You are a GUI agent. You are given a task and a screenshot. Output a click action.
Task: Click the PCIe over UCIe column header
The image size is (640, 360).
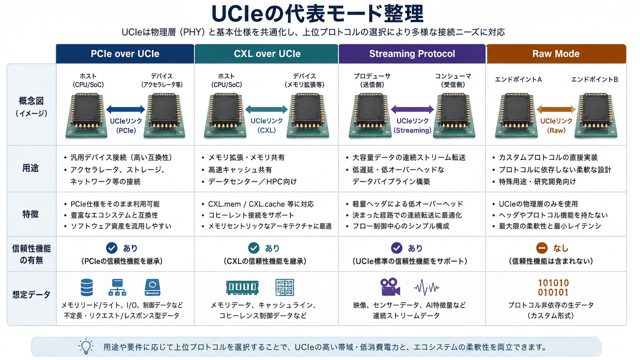(x=125, y=54)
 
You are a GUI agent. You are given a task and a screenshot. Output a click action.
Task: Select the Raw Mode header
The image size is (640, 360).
(x=556, y=54)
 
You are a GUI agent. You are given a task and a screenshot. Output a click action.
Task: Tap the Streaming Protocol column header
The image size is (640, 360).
(x=412, y=54)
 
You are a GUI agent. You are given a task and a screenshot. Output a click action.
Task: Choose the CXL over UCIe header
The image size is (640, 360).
(x=267, y=54)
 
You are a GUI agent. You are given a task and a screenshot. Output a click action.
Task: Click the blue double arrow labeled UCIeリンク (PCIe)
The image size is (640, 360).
(x=126, y=109)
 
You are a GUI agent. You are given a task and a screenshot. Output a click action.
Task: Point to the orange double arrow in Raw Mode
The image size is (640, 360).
(x=556, y=109)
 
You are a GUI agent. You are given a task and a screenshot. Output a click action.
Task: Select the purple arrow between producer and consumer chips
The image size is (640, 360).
(x=412, y=109)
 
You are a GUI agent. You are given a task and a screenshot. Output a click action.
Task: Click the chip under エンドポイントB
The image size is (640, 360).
(x=596, y=115)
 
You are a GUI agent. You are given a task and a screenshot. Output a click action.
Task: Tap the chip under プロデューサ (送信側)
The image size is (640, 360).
(x=370, y=115)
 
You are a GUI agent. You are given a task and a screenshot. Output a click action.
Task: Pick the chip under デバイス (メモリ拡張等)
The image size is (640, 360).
(x=308, y=115)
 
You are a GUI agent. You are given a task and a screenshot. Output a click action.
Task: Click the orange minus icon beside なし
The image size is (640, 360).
(x=542, y=248)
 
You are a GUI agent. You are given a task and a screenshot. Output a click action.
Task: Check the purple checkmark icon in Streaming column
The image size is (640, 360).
(x=397, y=248)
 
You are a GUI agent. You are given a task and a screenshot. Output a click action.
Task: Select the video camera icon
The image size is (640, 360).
(x=390, y=287)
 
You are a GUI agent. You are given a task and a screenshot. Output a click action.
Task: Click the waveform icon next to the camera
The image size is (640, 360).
(x=426, y=287)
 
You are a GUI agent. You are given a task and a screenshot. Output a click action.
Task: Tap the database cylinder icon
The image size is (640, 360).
(x=87, y=287)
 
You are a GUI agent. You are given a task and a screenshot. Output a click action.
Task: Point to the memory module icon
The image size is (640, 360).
(x=242, y=287)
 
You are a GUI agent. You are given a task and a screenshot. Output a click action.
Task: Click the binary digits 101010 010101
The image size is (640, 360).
(x=553, y=287)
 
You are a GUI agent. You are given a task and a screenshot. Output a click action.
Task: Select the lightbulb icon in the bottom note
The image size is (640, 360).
(x=86, y=347)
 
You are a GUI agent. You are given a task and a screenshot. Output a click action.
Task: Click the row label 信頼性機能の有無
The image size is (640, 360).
(x=31, y=254)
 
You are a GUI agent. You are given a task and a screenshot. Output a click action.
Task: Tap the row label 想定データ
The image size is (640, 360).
(x=31, y=294)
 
